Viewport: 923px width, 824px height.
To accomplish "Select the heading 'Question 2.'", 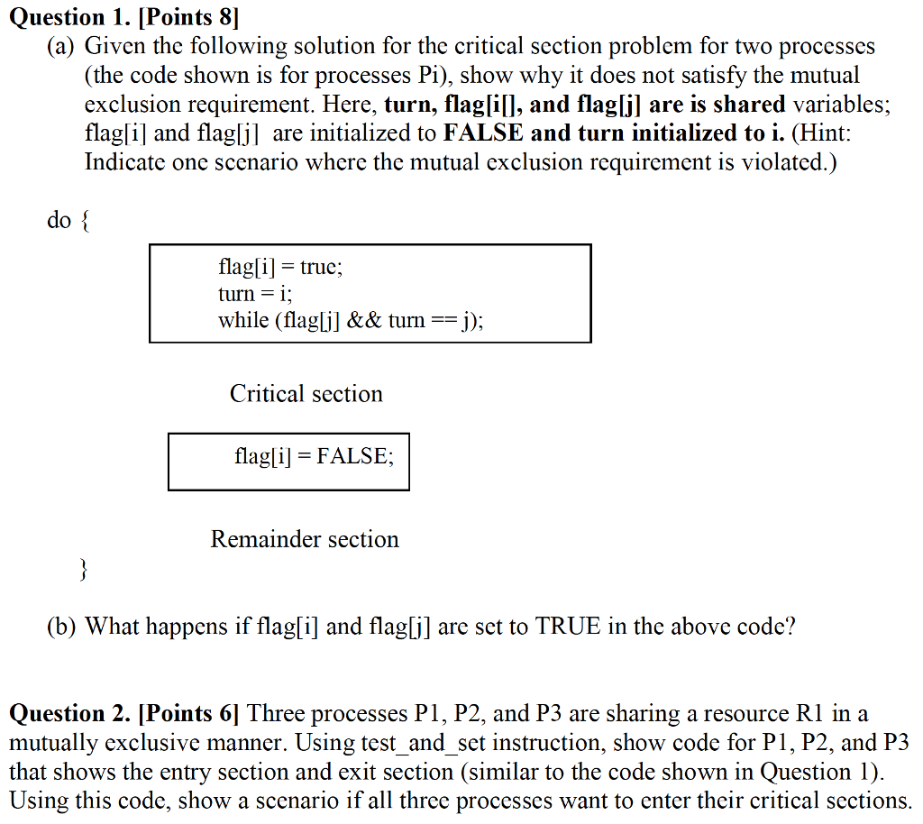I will coord(69,714).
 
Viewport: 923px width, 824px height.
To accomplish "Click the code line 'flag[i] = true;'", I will coord(280,267).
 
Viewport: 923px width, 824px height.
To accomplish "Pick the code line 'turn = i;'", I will coord(255,293).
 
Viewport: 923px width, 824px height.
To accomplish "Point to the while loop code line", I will coord(350,320).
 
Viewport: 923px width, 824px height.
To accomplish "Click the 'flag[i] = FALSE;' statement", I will coord(314,456).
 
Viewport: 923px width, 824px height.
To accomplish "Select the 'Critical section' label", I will coord(306,394).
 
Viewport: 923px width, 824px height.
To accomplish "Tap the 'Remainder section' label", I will coord(305,539).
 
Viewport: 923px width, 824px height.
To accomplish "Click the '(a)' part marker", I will coord(61,46).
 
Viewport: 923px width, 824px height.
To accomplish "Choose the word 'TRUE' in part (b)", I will coord(568,627).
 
